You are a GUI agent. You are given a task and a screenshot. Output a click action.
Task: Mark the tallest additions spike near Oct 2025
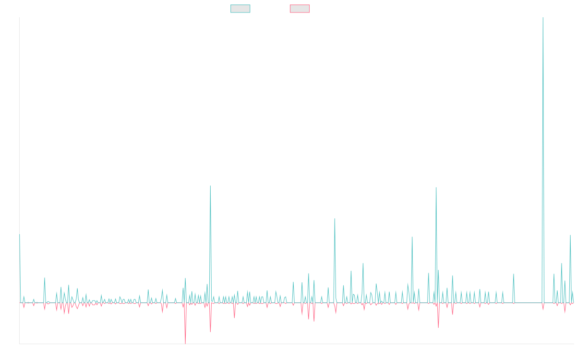point(542,19)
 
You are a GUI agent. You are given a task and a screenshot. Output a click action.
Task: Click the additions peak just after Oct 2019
point(210,186)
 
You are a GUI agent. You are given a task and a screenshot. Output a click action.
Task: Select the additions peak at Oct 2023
point(436,187)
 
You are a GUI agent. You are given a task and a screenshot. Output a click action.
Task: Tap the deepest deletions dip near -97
point(185,343)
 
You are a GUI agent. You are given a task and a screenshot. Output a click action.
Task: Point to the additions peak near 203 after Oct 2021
point(335,218)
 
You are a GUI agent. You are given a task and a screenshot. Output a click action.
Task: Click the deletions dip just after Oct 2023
point(438,327)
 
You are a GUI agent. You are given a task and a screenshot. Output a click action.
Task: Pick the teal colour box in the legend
point(240,9)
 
